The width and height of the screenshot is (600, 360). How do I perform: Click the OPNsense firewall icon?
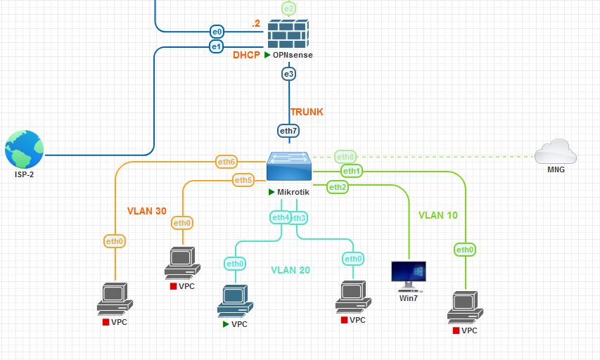(x=289, y=33)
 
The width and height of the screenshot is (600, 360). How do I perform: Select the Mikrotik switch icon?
(x=290, y=168)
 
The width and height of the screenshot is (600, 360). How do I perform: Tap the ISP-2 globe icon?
(x=24, y=149)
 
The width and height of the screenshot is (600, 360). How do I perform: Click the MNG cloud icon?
(x=555, y=152)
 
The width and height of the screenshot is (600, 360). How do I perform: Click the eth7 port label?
(x=289, y=130)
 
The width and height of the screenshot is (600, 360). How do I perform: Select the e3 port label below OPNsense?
(x=288, y=73)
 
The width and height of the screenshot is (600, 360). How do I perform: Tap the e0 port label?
(x=217, y=31)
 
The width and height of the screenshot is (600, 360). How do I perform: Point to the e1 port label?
(x=217, y=46)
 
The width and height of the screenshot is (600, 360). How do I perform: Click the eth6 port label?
(x=226, y=162)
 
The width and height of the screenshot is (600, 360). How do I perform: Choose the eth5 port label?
(x=243, y=181)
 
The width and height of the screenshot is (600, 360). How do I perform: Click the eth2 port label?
(x=337, y=186)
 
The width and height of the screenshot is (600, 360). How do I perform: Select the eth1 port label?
(x=351, y=171)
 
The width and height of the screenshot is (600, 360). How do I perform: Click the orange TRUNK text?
(x=307, y=111)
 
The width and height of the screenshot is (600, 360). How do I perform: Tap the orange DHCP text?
(x=247, y=55)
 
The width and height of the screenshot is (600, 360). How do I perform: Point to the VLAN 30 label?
(x=147, y=210)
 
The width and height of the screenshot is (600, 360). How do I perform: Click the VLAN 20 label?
(x=291, y=269)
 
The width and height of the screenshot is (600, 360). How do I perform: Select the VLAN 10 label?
(x=438, y=215)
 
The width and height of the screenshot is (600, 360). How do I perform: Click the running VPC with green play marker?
(x=234, y=301)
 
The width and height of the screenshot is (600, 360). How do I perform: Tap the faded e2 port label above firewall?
(x=289, y=8)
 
